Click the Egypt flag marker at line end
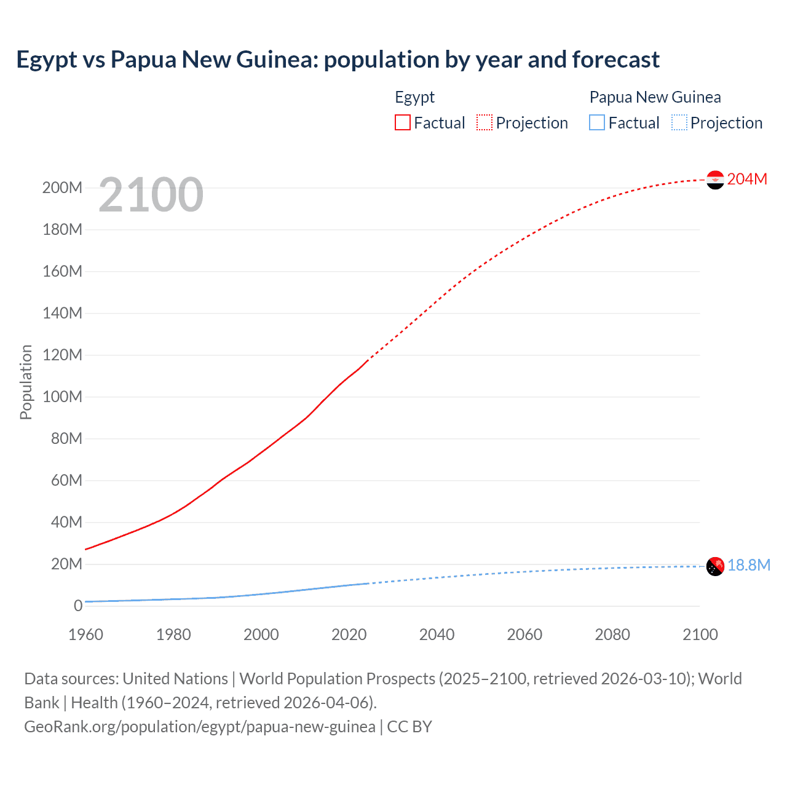(x=715, y=180)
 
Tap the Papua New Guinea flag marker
(x=715, y=566)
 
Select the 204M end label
(x=747, y=179)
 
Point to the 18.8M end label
(x=749, y=565)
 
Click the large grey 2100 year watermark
(x=151, y=195)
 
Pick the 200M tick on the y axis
(x=62, y=188)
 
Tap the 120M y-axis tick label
(x=62, y=355)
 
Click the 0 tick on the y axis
(x=78, y=606)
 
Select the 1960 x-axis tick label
(x=85, y=635)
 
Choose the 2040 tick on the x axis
(x=437, y=635)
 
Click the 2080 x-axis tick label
(x=612, y=635)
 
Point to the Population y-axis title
(x=26, y=382)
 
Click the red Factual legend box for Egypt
(x=403, y=122)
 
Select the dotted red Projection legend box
(x=484, y=122)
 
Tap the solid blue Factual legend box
(x=597, y=122)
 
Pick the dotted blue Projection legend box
(x=679, y=122)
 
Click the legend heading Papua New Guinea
(x=655, y=97)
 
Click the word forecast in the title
(x=615, y=60)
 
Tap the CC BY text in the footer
(x=409, y=727)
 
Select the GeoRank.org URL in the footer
(x=200, y=727)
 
